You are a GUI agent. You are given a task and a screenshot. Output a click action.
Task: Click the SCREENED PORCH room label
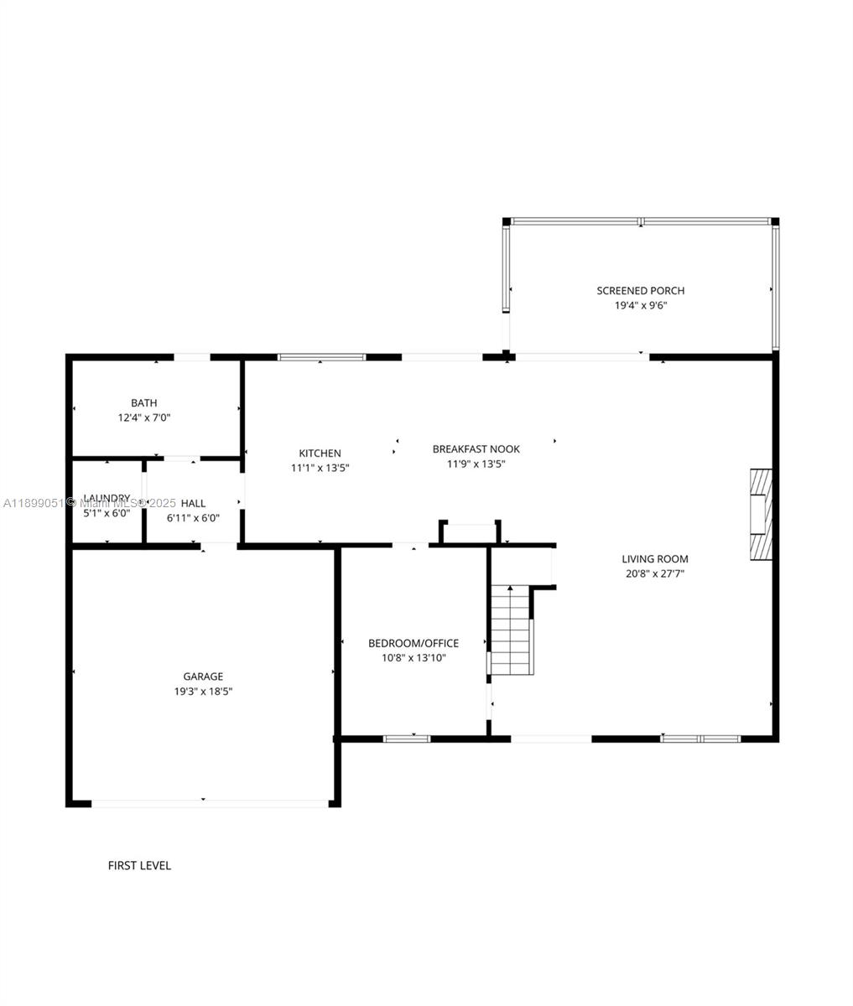tap(640, 291)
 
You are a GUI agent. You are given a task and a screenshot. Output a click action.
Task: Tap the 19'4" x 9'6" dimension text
tap(640, 306)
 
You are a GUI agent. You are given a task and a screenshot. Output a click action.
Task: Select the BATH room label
tap(143, 403)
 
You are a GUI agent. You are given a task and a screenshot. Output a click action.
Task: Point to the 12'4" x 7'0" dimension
tap(143, 417)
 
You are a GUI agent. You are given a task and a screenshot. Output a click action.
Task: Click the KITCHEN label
tap(320, 454)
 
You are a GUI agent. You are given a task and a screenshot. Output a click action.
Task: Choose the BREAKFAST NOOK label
tap(476, 449)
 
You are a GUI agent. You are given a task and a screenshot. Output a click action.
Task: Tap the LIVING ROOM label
tap(654, 559)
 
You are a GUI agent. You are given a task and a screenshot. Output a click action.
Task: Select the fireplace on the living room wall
tap(760, 514)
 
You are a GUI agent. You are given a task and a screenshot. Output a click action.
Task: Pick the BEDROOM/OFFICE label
tap(413, 644)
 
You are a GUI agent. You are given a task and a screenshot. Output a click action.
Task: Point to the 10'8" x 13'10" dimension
tap(413, 658)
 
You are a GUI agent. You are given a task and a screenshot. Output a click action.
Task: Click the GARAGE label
tap(203, 677)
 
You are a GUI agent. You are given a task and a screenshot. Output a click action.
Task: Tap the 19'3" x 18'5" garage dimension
tap(203, 692)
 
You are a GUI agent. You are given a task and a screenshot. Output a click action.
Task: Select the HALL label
tap(193, 503)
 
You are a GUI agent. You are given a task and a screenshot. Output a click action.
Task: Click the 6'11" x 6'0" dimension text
tap(193, 518)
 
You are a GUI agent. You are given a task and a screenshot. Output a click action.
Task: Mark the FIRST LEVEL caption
tap(139, 865)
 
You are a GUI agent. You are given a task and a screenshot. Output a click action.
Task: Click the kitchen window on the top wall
tap(321, 357)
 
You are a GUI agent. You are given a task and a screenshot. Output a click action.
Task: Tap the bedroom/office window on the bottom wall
tap(407, 739)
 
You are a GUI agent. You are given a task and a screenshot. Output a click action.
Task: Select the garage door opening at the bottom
tap(209, 803)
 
